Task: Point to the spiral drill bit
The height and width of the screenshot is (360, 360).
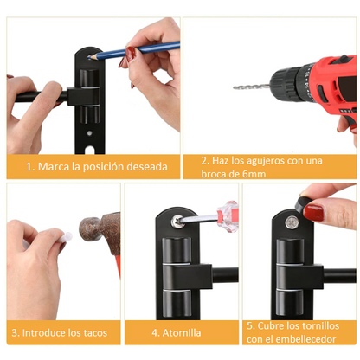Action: coord(251,86)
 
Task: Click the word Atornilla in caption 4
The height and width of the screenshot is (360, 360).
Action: coord(187,332)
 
